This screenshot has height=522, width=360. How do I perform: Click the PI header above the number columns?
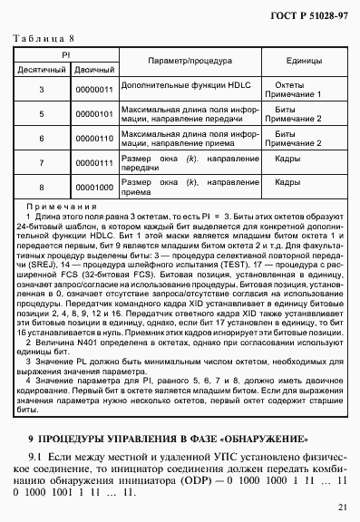tap(67, 54)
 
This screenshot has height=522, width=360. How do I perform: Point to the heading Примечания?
tap(54, 208)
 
